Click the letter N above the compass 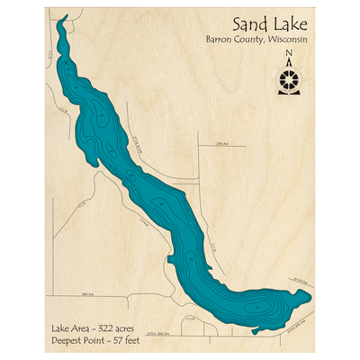(x=288, y=54)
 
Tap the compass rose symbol (x=288, y=81)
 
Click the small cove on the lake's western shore (x=171, y=262)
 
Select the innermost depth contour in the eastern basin (x=261, y=309)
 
